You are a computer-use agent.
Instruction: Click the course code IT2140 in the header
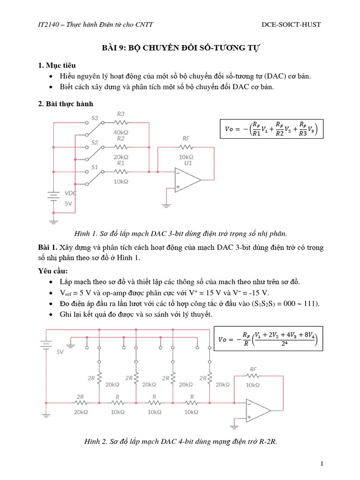[x=49, y=24]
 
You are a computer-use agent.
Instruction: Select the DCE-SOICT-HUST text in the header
[x=291, y=24]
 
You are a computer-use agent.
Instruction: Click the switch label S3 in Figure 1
[x=95, y=118]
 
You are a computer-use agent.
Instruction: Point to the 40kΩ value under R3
[x=121, y=132]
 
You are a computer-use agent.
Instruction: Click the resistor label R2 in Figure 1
[x=121, y=139]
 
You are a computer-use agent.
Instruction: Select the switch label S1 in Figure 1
[x=95, y=167]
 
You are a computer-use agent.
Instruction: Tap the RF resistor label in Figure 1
[x=186, y=139]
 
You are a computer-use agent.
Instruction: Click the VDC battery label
[x=71, y=193]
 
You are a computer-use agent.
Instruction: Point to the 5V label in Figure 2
[x=60, y=351]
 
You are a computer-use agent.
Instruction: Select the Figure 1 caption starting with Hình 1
[x=180, y=233]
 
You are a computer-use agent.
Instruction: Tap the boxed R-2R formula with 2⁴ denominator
[x=268, y=341]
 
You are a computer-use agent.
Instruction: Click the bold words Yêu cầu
[x=53, y=271]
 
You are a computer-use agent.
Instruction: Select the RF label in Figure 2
[x=253, y=368]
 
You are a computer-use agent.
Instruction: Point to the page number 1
[x=322, y=464]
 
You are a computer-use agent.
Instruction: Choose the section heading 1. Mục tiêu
[x=57, y=65]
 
